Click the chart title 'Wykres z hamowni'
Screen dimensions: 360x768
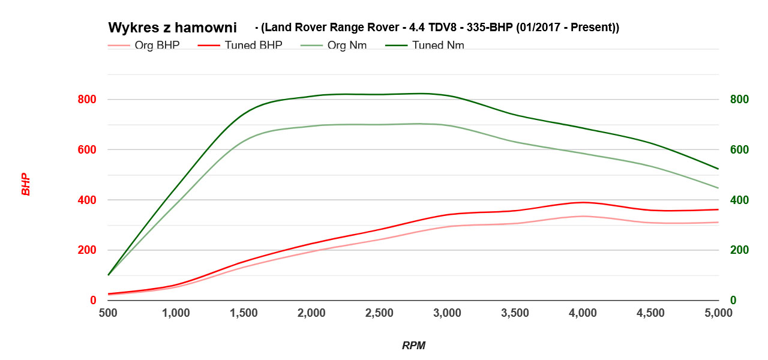[x=172, y=28]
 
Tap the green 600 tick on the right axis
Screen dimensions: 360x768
[x=740, y=150]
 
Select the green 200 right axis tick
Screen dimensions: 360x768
[x=740, y=250]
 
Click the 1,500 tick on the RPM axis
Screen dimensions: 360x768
[x=244, y=313]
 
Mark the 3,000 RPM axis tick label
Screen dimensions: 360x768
[x=447, y=313]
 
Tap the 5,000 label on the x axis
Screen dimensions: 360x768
[x=718, y=313]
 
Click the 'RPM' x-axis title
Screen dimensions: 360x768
[x=413, y=346]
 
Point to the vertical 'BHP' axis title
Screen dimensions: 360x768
[x=26, y=184]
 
